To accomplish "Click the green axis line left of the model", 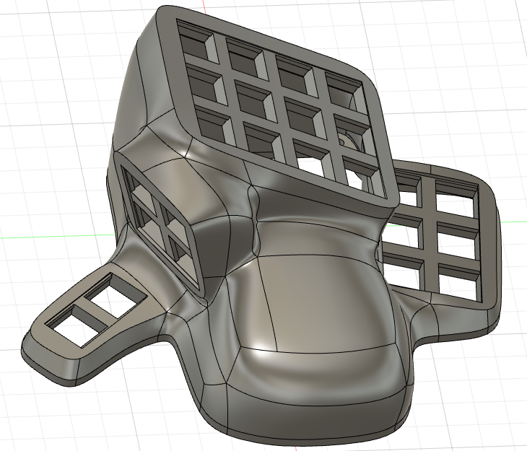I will point(51,237).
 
